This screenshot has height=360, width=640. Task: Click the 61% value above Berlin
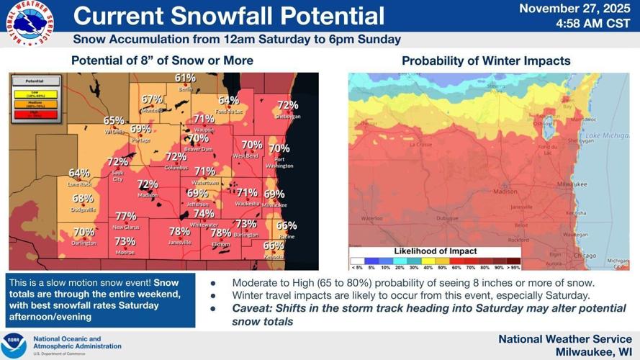pyautogui.click(x=185, y=78)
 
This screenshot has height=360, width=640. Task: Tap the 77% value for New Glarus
pyautogui.click(x=125, y=216)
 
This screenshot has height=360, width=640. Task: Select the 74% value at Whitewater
pyautogui.click(x=204, y=214)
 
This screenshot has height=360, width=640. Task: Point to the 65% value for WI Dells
pyautogui.click(x=114, y=121)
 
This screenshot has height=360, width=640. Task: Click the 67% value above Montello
pyautogui.click(x=152, y=99)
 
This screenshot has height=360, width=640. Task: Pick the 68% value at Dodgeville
pyautogui.click(x=83, y=199)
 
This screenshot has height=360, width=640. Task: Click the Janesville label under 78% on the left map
pyautogui.click(x=179, y=243)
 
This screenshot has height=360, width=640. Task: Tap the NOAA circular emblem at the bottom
pyautogui.click(x=14, y=345)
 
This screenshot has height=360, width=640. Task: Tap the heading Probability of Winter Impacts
pyautogui.click(x=486, y=61)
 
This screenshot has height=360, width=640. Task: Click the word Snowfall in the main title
pyautogui.click(x=217, y=15)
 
